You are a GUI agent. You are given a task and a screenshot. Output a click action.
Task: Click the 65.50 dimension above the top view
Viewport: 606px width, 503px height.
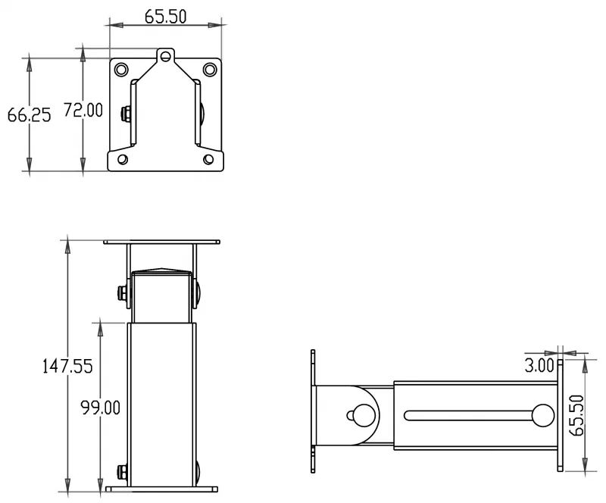pyautogui.click(x=166, y=16)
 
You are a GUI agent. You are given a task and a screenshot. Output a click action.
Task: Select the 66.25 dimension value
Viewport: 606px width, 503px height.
pyautogui.click(x=29, y=115)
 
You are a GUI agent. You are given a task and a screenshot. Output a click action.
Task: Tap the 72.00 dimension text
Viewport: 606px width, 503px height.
pyautogui.click(x=83, y=111)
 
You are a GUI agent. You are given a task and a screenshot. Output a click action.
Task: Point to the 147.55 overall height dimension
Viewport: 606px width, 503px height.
pyautogui.click(x=67, y=367)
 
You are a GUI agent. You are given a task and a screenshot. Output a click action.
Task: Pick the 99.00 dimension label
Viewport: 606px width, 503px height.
pyautogui.click(x=101, y=408)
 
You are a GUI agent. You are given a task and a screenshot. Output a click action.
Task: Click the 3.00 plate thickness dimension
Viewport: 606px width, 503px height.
pyautogui.click(x=540, y=366)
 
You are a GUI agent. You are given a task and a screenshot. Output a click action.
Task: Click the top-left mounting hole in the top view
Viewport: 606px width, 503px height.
pyautogui.click(x=121, y=70)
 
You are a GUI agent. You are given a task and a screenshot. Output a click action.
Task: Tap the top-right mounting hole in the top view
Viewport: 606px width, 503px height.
pyautogui.click(x=210, y=70)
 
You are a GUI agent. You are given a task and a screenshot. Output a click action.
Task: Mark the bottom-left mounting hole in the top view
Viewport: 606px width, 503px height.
pyautogui.click(x=122, y=159)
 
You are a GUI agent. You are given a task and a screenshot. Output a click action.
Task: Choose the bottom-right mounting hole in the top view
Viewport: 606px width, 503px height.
pyautogui.click(x=210, y=159)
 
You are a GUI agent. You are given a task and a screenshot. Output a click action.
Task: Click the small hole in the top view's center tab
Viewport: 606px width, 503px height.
pyautogui.click(x=166, y=56)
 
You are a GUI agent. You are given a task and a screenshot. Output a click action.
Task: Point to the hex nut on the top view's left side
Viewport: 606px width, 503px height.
pyautogui.click(x=125, y=115)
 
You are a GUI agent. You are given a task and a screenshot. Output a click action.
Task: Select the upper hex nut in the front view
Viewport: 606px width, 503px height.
pyautogui.click(x=122, y=292)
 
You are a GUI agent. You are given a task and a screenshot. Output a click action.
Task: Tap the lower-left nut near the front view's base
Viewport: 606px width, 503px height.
pyautogui.click(x=122, y=471)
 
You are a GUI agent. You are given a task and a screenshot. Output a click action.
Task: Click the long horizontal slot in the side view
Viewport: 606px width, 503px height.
pyautogui.click(x=470, y=415)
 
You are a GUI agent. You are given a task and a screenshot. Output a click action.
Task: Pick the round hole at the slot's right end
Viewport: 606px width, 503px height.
pyautogui.click(x=543, y=415)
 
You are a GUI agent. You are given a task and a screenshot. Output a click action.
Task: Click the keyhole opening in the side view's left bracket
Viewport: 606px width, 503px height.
pyautogui.click(x=361, y=415)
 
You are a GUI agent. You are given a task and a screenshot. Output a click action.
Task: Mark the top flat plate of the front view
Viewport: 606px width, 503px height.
pyautogui.click(x=162, y=242)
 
